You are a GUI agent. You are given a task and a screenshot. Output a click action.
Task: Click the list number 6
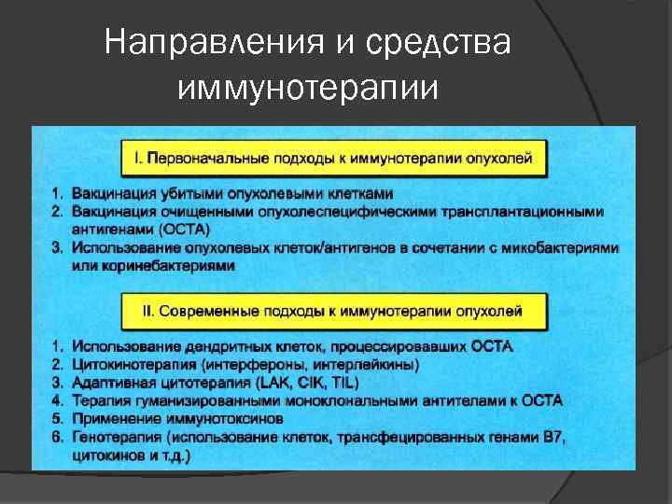pos(55,437)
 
